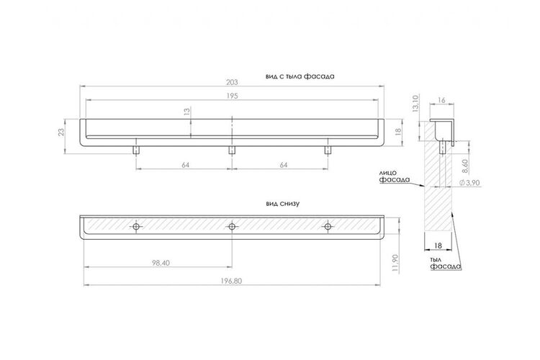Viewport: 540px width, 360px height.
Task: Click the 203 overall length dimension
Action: tap(232, 82)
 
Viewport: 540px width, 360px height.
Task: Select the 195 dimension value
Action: tap(232, 96)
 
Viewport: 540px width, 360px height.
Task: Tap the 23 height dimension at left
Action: tap(61, 132)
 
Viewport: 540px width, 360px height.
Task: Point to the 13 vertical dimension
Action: tap(186, 112)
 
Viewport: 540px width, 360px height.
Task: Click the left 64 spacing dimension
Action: tap(185, 165)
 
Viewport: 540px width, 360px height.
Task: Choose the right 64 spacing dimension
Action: tap(284, 165)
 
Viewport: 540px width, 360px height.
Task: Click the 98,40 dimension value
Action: tap(161, 263)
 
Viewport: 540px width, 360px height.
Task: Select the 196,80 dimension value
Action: tap(231, 281)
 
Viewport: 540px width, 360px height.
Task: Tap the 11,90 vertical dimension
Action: tap(395, 264)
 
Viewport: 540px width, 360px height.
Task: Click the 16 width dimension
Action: tap(441, 100)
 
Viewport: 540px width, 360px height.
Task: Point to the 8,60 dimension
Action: tap(465, 166)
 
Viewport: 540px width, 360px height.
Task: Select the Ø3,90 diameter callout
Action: tap(469, 183)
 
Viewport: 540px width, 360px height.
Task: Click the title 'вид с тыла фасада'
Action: tap(300, 76)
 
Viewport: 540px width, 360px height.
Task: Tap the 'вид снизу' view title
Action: tap(282, 204)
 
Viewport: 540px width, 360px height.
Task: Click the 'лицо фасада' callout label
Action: tap(395, 176)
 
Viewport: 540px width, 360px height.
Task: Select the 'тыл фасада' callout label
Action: tap(445, 264)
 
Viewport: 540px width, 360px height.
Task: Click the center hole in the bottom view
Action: tap(232, 227)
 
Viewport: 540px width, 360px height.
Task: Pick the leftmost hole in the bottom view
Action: tap(136, 227)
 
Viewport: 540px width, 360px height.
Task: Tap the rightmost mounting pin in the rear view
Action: tap(328, 150)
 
